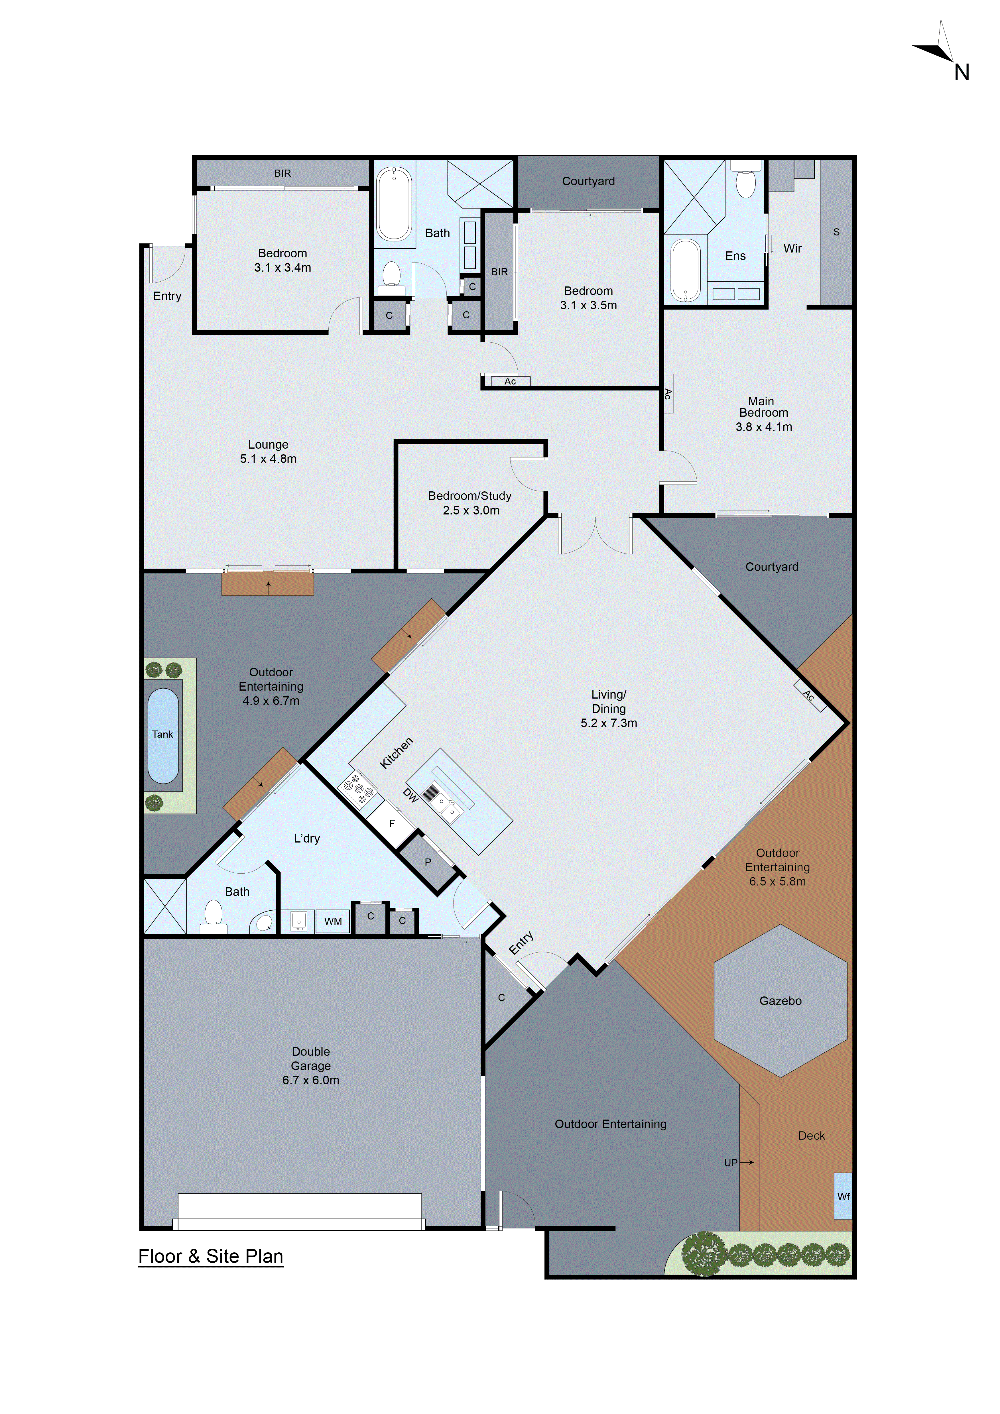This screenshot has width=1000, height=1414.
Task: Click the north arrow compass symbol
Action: tap(942, 49)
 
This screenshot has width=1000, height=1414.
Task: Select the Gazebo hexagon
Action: tap(780, 1001)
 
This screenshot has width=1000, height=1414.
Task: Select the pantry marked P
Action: tap(428, 862)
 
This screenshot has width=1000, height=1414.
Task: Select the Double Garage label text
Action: tap(311, 1065)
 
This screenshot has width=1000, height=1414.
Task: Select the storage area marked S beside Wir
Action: tap(836, 232)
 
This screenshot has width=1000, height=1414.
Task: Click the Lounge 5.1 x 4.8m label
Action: tap(269, 451)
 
